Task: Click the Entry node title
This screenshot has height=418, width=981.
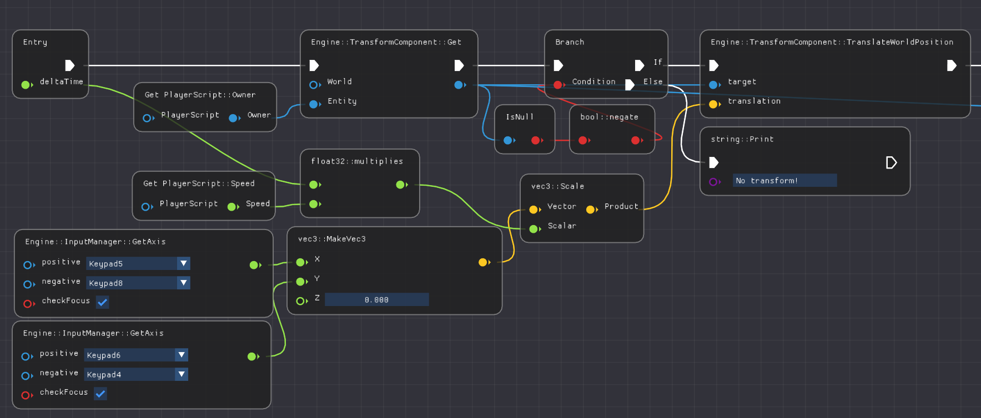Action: point(35,42)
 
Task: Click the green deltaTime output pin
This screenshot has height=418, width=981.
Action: point(25,85)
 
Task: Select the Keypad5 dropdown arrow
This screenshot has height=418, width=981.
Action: point(184,263)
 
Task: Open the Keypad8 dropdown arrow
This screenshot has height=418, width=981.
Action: point(184,283)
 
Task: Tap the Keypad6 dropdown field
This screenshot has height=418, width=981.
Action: point(130,355)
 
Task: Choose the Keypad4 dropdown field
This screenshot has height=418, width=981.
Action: point(130,374)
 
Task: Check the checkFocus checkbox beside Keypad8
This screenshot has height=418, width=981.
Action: point(102,302)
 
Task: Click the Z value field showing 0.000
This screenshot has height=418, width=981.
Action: point(376,299)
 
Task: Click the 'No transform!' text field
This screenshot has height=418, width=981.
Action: point(784,180)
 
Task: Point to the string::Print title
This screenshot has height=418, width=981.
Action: point(742,139)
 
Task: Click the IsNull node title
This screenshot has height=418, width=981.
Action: point(519,117)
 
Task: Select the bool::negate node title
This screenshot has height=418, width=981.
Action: point(609,117)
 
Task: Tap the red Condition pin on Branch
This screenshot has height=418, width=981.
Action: point(558,85)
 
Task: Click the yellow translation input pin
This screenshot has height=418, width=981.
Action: point(713,104)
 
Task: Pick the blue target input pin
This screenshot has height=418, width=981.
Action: point(713,85)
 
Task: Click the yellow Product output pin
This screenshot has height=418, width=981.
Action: point(591,210)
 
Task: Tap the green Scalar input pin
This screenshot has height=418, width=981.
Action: point(534,229)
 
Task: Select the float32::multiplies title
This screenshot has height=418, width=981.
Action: point(357,161)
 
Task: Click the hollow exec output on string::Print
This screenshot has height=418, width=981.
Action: point(891,162)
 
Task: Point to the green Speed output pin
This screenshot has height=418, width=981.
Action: point(232,207)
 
